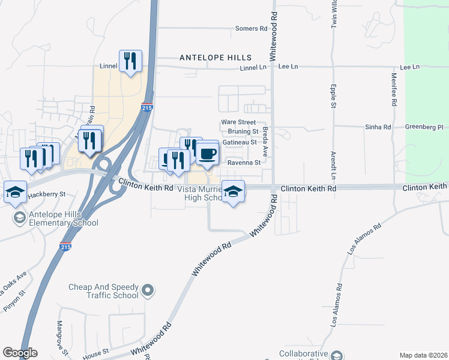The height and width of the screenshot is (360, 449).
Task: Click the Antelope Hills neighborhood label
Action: point(215,57)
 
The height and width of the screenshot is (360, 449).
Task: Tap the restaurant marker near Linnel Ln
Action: point(130,61)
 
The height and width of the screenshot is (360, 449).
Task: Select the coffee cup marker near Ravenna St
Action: point(208,154)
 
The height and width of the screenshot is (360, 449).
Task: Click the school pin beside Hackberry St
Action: point(15,191)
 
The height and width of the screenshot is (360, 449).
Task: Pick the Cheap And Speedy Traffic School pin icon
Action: point(148,292)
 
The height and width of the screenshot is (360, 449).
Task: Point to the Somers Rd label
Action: point(251,28)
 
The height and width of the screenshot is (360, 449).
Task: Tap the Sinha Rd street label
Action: point(378,127)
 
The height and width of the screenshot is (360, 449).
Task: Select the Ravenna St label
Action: point(244,162)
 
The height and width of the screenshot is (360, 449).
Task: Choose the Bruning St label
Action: point(243,131)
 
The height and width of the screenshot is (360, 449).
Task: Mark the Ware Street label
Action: point(238,122)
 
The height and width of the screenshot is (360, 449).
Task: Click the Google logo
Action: point(20,353)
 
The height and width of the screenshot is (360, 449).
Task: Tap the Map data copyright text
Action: point(423,355)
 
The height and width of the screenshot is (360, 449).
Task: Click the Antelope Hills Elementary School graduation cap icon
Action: point(19,217)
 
